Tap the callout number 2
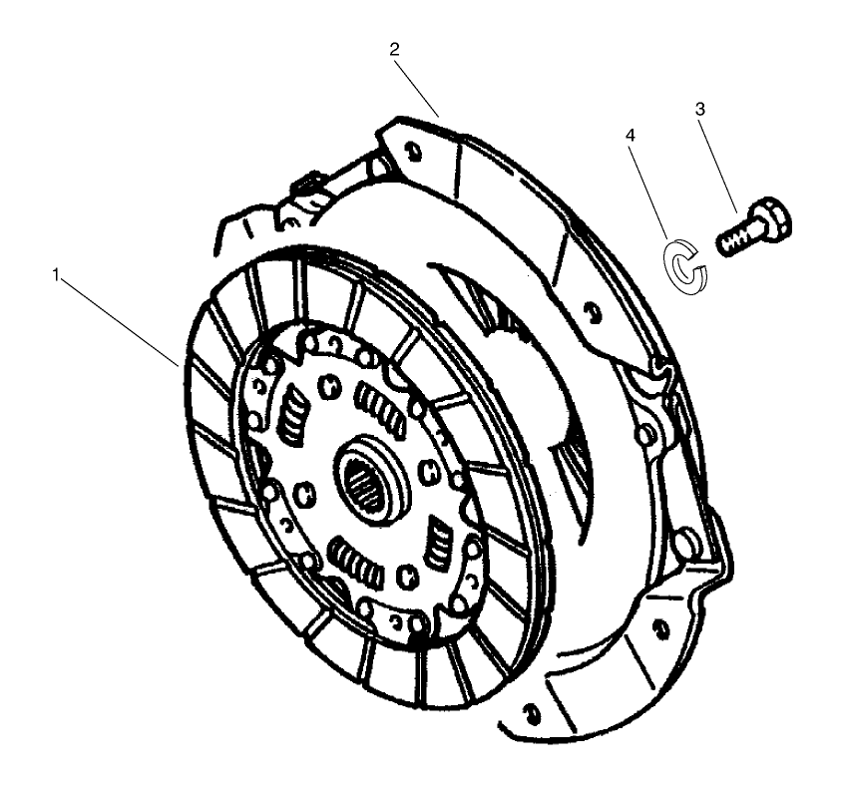[x=395, y=47]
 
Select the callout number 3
[x=701, y=110]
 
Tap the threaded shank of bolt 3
[x=736, y=240]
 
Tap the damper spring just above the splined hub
[x=380, y=409]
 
